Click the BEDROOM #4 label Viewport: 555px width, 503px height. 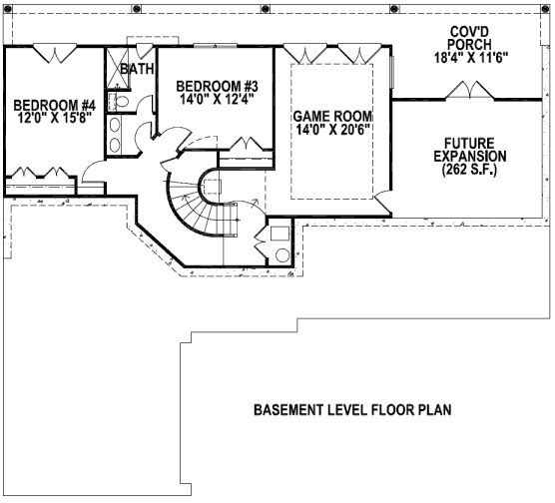coord(55,106)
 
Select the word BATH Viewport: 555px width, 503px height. coord(138,69)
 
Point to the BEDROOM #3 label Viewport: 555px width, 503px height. coord(217,87)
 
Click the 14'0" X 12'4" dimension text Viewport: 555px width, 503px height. coord(218,99)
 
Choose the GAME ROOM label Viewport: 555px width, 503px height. coord(332,116)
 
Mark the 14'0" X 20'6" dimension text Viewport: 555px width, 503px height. coord(332,129)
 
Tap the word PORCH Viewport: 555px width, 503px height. coord(470,45)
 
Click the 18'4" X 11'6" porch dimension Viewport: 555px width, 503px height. coord(471,57)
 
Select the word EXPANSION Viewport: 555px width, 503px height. coord(470,156)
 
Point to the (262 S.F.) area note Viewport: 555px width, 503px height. coord(470,170)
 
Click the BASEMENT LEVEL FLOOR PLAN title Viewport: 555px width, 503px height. coord(352,410)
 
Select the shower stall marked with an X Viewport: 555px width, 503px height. coord(117,67)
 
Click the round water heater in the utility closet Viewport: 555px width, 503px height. coord(282,255)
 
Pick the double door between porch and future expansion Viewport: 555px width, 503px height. coord(469,90)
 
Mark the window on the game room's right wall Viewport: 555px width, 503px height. coord(392,72)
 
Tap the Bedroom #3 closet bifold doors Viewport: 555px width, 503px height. coord(246,144)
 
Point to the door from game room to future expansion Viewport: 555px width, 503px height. coord(382,202)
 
